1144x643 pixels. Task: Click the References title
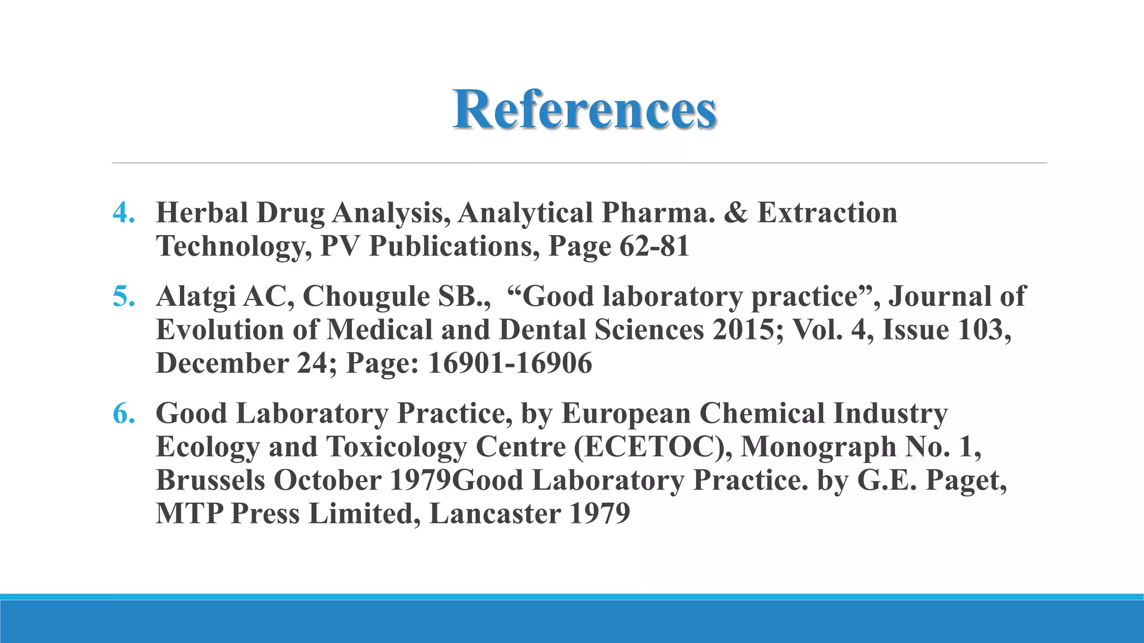[584, 109]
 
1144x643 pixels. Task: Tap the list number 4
[123, 213]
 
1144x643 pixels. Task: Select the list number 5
[123, 296]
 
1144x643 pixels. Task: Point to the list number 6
[123, 414]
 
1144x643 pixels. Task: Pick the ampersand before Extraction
[736, 213]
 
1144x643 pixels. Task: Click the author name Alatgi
[195, 296]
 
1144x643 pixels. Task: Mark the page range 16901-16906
[509, 363]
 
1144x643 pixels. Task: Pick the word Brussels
[211, 480]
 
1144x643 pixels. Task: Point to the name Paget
[966, 480]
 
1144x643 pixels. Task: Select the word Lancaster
[494, 514]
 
